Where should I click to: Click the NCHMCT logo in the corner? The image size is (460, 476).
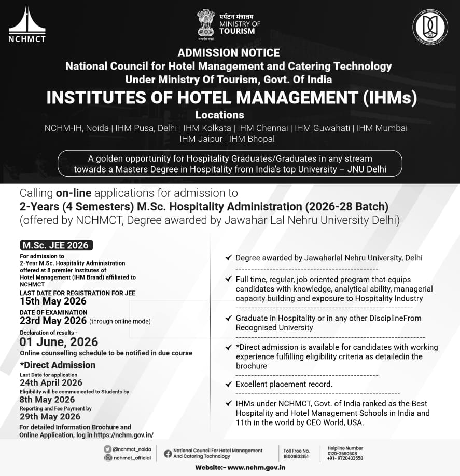[x=27, y=24]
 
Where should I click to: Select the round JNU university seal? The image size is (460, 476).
[x=429, y=27]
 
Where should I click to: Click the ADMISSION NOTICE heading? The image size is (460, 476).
[x=229, y=52]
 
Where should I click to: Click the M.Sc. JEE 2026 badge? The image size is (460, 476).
[x=56, y=245]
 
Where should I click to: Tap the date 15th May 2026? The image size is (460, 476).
[x=53, y=301]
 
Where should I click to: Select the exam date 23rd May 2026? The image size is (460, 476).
[x=53, y=321]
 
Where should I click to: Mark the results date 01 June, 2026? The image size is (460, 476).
[x=59, y=342]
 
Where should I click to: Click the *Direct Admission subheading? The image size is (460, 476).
[x=58, y=365]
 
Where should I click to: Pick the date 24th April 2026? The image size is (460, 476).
[x=51, y=382]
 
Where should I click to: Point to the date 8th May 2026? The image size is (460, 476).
[x=47, y=400]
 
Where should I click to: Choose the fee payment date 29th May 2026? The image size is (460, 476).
[x=50, y=416]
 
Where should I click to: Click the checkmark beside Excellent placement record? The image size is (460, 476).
[x=228, y=384]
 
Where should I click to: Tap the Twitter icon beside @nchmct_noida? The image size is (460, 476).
[x=107, y=449]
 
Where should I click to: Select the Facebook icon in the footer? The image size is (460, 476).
[x=168, y=453]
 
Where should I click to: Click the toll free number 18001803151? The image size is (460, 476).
[x=296, y=456]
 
